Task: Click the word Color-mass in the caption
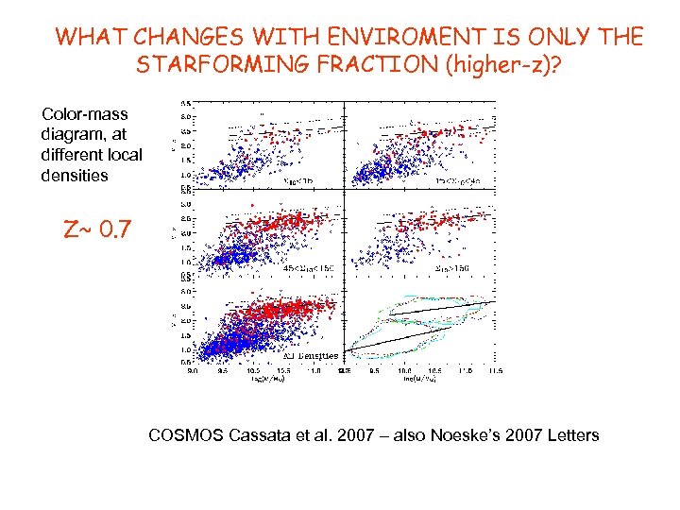[x=84, y=114]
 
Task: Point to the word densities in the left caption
[x=75, y=176]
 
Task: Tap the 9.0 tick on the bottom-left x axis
[x=193, y=371]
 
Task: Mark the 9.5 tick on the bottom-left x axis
[x=222, y=371]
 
